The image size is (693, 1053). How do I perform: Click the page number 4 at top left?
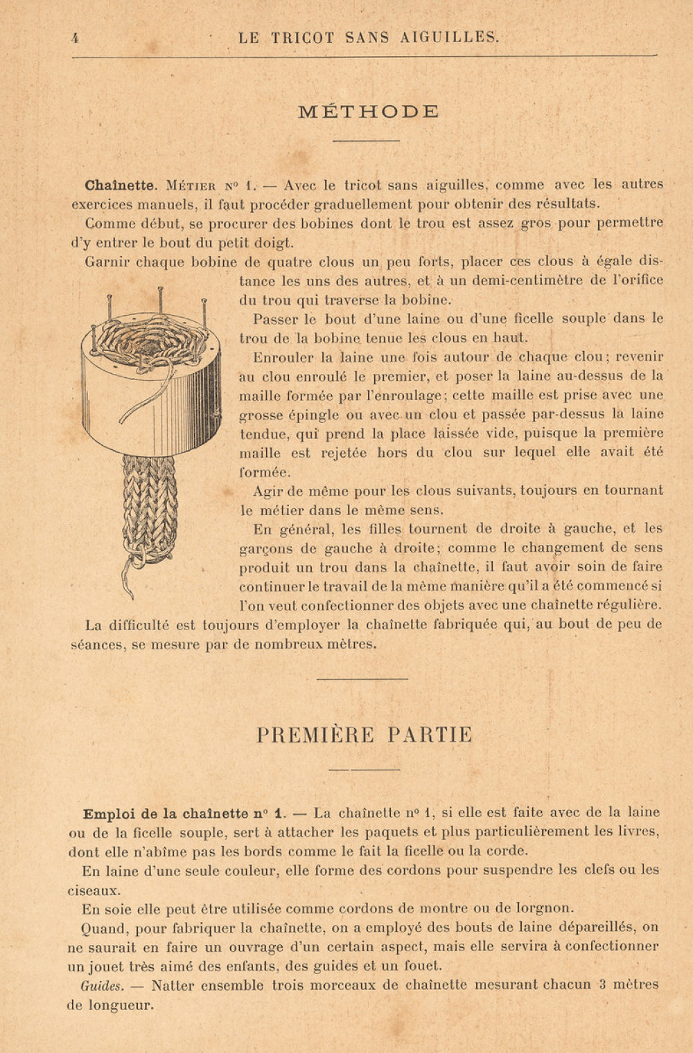(75, 39)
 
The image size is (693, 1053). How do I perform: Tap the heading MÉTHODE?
(368, 111)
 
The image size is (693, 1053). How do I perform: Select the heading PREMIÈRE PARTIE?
(365, 735)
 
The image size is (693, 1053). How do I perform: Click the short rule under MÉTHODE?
(366, 141)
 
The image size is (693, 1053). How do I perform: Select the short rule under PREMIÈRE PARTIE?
(364, 769)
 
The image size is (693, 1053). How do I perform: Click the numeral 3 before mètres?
(604, 984)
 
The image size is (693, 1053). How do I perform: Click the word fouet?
(421, 966)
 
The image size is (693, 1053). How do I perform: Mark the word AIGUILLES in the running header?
(449, 38)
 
